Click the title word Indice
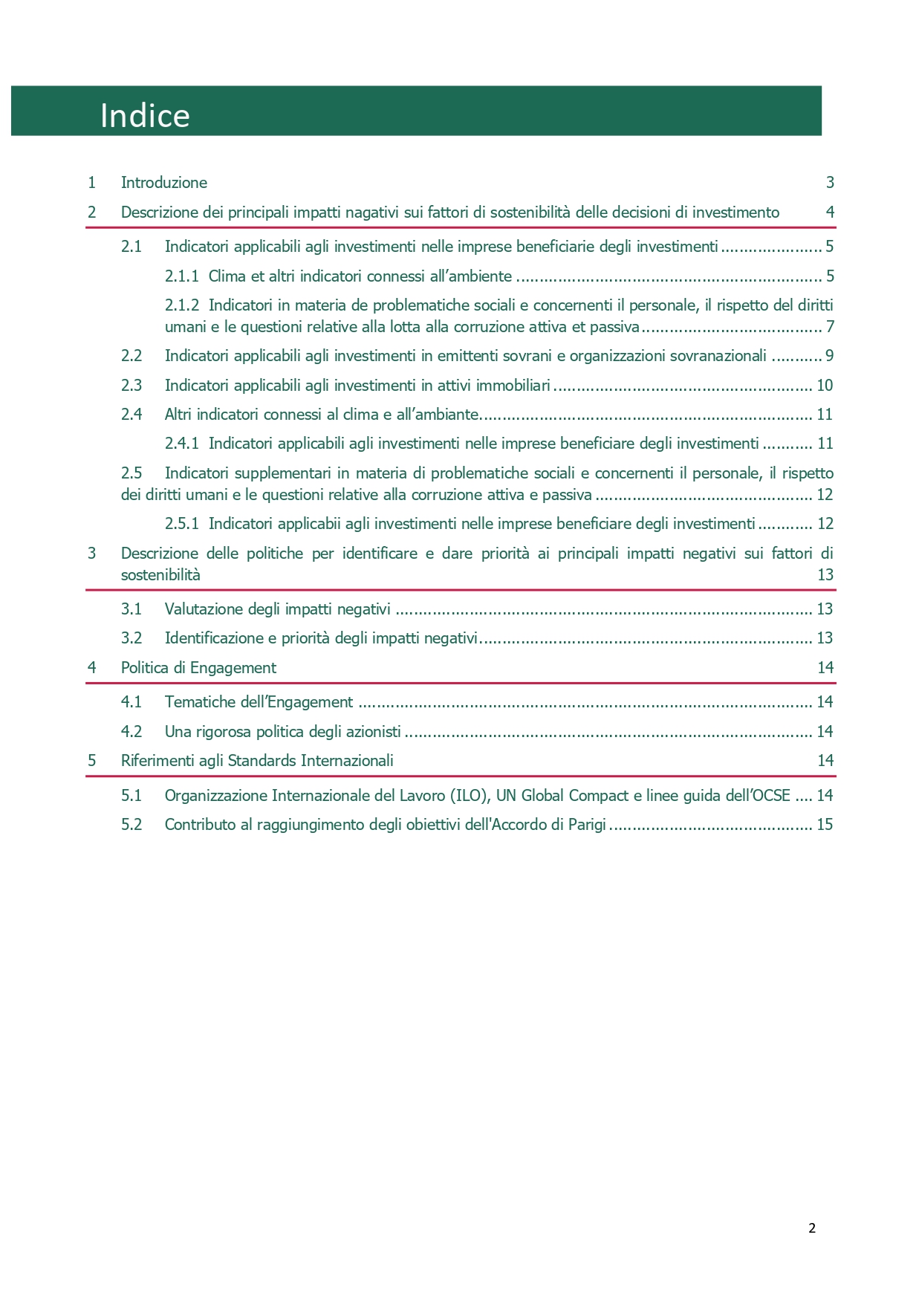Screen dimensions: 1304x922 145,116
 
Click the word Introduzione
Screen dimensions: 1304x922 164,183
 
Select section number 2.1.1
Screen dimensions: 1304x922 181,276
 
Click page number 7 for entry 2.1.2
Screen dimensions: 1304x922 830,327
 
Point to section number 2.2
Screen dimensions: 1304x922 132,356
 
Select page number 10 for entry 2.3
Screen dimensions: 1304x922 825,386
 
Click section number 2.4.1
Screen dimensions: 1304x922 181,444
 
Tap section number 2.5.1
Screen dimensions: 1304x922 181,524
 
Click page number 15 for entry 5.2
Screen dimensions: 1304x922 825,825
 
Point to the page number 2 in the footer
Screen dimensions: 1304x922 812,1228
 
